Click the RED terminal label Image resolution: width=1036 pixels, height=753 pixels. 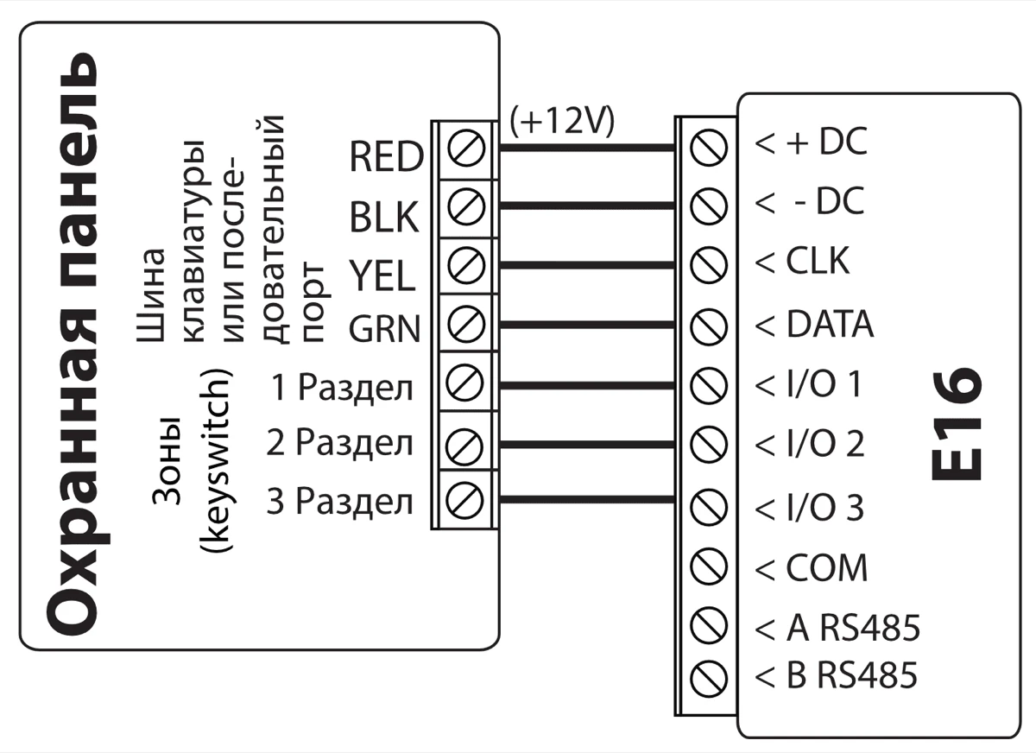point(386,157)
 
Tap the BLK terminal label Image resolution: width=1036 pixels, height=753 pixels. point(384,218)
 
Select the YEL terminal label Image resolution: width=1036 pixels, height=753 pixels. point(382,276)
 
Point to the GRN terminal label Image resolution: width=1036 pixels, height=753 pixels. point(384,329)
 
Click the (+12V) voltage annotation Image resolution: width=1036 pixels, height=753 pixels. point(562,121)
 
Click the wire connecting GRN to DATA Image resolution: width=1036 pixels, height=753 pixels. point(587,325)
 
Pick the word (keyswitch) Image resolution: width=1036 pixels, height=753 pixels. point(220,462)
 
